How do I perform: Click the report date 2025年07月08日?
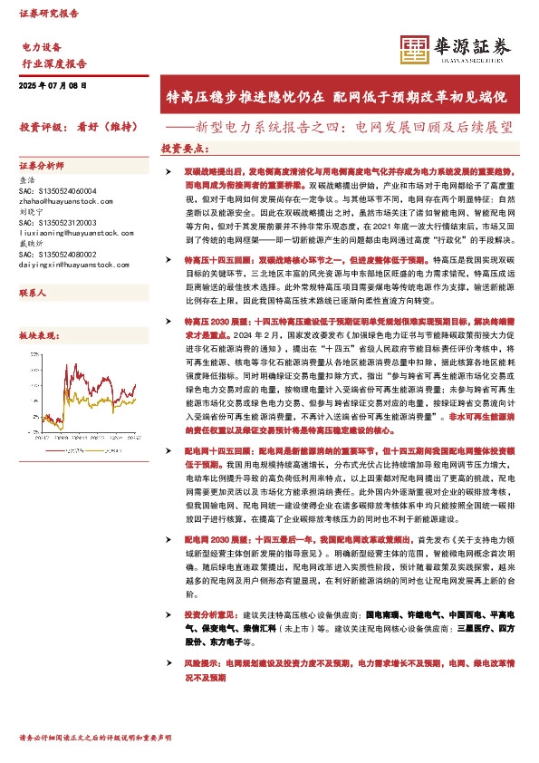point(52,84)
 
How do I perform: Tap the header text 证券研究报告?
point(49,15)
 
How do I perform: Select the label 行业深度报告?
point(53,63)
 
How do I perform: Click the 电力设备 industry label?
point(41,46)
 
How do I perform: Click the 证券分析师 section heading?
point(42,167)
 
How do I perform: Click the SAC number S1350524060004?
point(63,190)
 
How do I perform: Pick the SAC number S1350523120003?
point(63,223)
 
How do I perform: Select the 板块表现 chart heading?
point(37,334)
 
